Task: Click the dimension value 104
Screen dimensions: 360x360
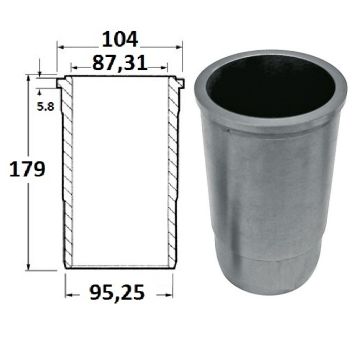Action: pyautogui.click(x=120, y=39)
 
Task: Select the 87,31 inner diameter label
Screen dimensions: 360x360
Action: pyautogui.click(x=120, y=62)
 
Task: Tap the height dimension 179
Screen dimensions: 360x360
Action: pyautogui.click(x=27, y=169)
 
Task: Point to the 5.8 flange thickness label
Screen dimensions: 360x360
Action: pyautogui.click(x=45, y=107)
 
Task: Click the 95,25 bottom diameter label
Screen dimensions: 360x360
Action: pyautogui.click(x=117, y=293)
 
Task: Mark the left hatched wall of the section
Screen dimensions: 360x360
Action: pyautogui.click(x=68, y=172)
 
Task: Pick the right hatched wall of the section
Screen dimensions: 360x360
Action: pyautogui.click(x=173, y=172)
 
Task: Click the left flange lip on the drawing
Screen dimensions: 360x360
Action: pyautogui.click(x=60, y=83)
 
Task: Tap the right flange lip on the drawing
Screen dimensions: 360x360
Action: pyautogui.click(x=180, y=83)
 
